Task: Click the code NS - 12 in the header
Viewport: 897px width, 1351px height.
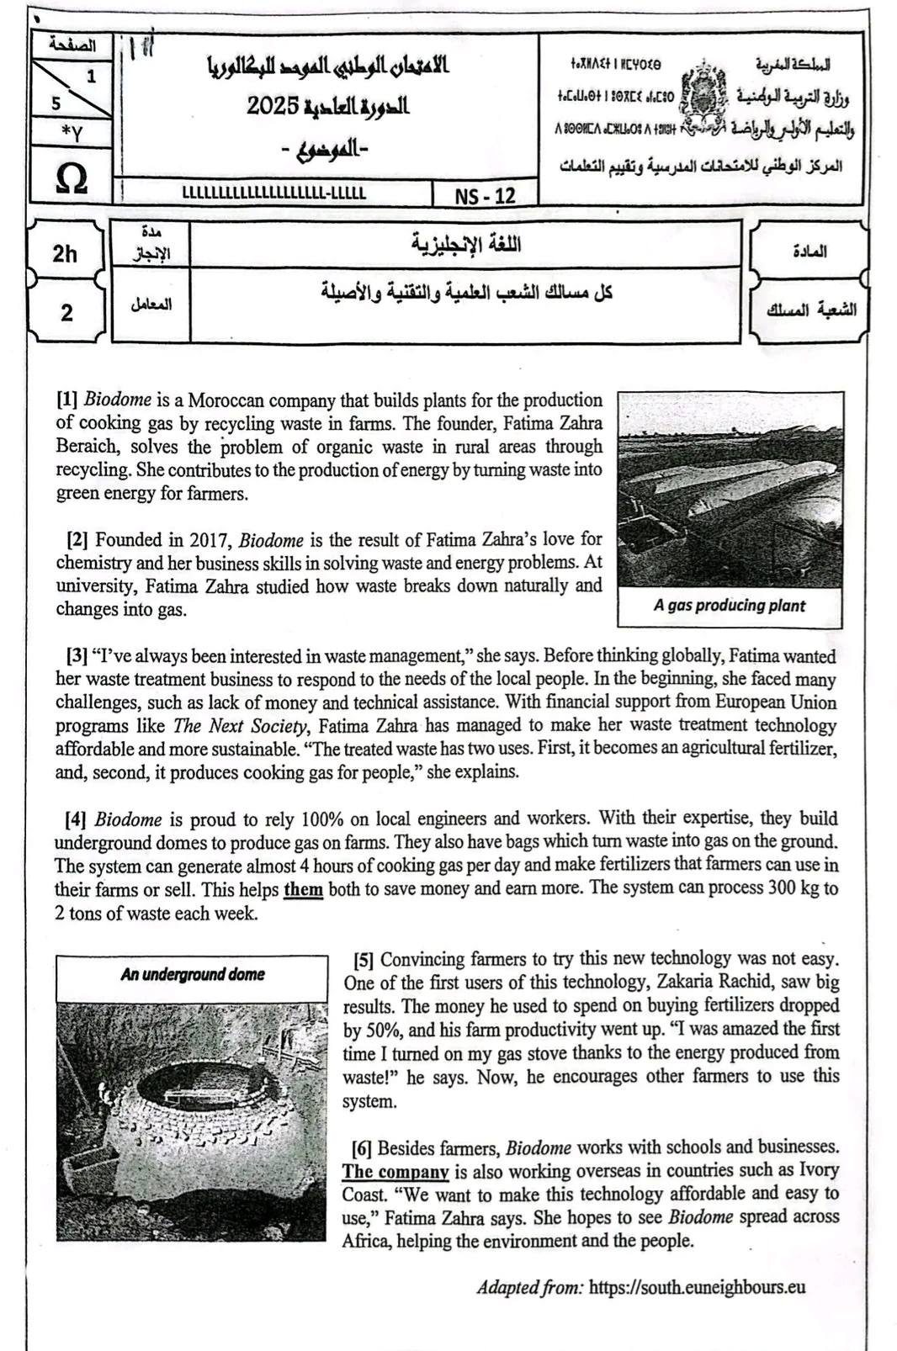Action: [x=485, y=196]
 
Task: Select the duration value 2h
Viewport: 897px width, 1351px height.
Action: [x=64, y=253]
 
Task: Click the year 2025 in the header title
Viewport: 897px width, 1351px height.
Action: [x=273, y=106]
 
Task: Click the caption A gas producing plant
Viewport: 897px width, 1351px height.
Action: [x=729, y=606]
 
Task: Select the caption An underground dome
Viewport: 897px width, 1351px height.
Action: [x=192, y=975]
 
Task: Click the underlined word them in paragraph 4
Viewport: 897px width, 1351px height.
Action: [x=303, y=888]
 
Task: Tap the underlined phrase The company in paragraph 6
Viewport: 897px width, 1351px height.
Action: [x=395, y=1171]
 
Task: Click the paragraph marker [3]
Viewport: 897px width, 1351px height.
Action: [x=77, y=656]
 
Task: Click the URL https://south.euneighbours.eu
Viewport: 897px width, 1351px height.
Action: [x=697, y=1287]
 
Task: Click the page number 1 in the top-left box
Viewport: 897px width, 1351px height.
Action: [x=91, y=77]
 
